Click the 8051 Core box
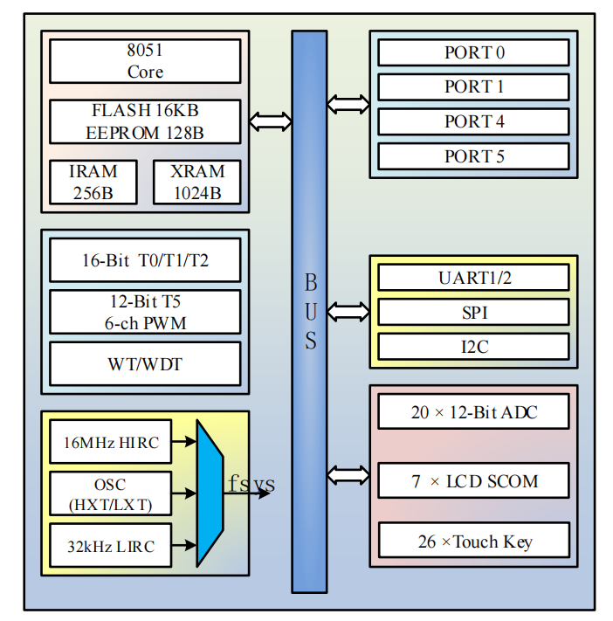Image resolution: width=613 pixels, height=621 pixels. click(x=145, y=61)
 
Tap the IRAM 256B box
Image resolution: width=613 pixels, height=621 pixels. click(x=93, y=182)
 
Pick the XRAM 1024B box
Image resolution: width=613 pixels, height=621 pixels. click(x=197, y=182)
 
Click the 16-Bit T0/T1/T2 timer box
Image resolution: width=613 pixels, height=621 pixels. click(x=145, y=261)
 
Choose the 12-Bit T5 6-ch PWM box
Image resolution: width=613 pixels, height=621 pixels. click(x=145, y=313)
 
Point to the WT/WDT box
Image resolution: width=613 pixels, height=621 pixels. click(x=145, y=363)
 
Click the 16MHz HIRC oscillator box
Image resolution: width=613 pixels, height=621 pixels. click(x=111, y=442)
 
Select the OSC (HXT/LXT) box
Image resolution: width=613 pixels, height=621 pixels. click(x=111, y=493)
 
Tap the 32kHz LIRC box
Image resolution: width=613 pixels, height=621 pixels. click(x=111, y=546)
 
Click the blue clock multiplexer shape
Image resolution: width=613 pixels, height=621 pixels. click(x=210, y=493)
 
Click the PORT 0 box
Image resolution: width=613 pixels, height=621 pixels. click(x=473, y=52)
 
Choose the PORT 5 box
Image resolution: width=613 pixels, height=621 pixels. click(x=473, y=156)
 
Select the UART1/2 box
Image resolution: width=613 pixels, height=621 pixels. click(x=473, y=278)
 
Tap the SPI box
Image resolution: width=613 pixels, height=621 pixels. click(x=473, y=312)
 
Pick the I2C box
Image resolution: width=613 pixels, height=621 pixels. click(x=473, y=346)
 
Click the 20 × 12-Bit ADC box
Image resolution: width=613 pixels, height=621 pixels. click(x=473, y=411)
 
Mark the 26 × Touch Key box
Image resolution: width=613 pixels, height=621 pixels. click(x=473, y=541)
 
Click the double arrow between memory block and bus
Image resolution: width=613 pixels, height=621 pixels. click(x=271, y=121)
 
